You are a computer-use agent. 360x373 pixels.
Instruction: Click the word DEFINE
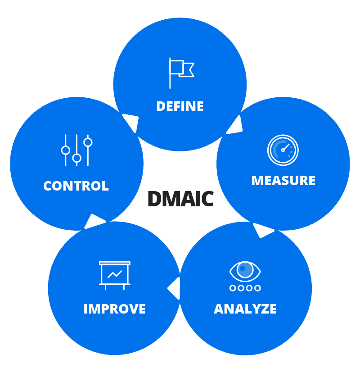pos(180,106)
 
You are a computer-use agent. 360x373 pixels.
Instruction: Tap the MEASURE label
pos(283,181)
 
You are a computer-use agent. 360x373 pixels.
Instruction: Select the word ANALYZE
pos(245,309)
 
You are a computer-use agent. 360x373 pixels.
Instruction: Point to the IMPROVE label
pos(115,309)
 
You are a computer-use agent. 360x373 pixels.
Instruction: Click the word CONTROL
pos(76,186)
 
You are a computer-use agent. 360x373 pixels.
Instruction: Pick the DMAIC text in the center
pos(180,199)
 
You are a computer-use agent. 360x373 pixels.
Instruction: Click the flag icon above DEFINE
pos(181,73)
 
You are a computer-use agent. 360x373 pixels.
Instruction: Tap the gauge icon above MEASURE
pos(283,150)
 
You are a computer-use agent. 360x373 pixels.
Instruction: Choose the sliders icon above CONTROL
pos(76,150)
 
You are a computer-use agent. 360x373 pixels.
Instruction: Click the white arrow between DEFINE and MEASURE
pos(235,126)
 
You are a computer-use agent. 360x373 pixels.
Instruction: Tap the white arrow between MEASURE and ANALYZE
pos(263,230)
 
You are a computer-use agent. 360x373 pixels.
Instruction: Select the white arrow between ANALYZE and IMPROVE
pos(174,288)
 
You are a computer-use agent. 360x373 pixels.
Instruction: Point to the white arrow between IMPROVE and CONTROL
pos(94,221)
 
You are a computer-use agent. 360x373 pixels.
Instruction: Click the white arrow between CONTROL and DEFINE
pos(130,122)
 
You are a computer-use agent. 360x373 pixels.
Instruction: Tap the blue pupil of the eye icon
pos(245,269)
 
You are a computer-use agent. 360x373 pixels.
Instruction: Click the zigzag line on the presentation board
pos(115,273)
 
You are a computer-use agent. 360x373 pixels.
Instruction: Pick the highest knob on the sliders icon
pos(88,142)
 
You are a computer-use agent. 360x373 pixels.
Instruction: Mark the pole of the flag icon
pos(170,73)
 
